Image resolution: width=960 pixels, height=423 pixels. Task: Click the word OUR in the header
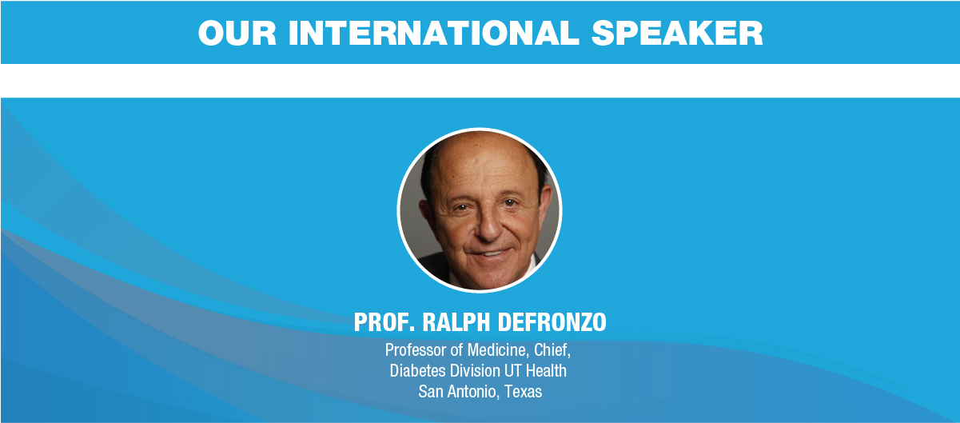pos(237,33)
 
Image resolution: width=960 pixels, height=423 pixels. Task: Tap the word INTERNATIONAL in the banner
pos(434,33)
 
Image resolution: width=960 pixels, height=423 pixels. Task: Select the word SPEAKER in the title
pos(677,33)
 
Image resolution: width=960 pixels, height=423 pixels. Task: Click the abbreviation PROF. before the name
pos(384,322)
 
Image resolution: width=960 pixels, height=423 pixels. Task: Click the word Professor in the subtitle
pos(416,350)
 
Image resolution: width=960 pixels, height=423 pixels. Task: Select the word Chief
pos(552,350)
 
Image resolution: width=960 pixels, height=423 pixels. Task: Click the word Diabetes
pos(417,371)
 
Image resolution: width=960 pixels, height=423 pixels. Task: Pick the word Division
pos(475,371)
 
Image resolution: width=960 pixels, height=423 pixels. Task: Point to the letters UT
pos(513,371)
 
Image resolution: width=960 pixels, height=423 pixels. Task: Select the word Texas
pos(523,392)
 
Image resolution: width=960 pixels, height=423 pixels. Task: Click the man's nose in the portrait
pos(489,225)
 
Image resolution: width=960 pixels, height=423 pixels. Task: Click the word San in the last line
pos(430,392)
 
